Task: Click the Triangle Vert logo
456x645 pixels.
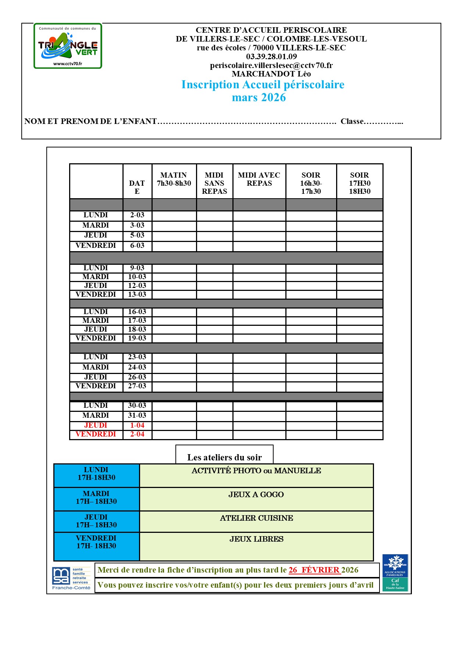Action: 68,46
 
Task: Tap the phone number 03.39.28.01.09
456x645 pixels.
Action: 271,57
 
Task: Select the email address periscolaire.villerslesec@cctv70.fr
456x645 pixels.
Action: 271,65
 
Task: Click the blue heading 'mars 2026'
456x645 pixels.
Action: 259,97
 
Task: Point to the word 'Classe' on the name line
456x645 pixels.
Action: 352,121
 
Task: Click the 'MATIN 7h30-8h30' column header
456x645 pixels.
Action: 174,179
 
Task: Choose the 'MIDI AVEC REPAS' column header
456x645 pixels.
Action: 259,179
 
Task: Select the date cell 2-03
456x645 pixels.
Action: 137,215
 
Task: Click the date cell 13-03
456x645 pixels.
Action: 137,295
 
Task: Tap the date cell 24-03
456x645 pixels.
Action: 137,367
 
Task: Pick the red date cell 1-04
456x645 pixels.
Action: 137,425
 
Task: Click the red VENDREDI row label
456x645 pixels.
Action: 96,434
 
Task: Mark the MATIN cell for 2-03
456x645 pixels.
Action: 174,215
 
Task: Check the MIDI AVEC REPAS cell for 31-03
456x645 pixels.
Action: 259,416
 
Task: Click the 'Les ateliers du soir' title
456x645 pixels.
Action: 224,457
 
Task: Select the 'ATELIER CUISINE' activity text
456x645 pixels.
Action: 256,518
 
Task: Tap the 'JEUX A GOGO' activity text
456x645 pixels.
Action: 256,495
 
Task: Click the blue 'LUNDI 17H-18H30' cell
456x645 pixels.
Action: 96,474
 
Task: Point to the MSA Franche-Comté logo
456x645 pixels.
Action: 71,578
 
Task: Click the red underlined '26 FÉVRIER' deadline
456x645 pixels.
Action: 314,570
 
